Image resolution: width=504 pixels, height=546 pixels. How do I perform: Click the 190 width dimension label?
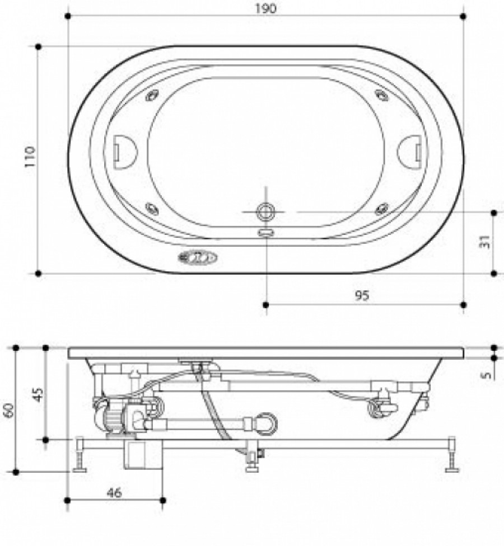tap(267, 8)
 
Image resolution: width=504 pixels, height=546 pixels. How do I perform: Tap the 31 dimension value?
tap(486, 241)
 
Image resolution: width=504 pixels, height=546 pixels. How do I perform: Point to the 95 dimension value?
tap(362, 296)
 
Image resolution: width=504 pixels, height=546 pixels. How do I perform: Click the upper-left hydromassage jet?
tap(152, 96)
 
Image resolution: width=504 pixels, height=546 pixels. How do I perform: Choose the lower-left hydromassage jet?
tap(151, 208)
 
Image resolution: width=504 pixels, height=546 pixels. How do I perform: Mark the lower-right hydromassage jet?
tap(382, 208)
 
